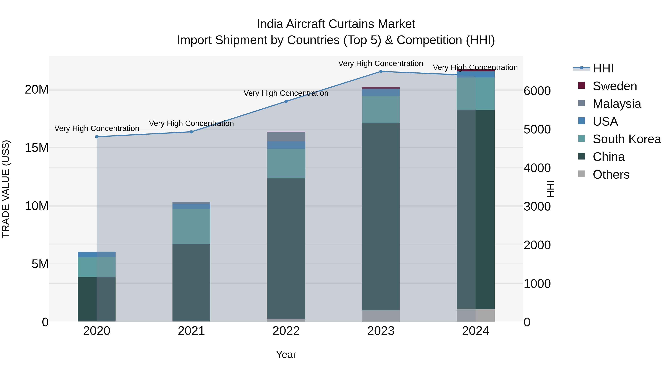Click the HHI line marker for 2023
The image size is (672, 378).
381,71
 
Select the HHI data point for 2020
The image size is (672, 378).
97,137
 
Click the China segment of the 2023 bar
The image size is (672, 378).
381,217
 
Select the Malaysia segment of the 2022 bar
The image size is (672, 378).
286,137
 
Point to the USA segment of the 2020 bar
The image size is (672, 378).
97,254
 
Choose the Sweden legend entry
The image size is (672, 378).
614,86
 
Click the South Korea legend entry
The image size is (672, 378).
626,139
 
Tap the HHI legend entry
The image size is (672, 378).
603,68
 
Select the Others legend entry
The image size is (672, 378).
610,175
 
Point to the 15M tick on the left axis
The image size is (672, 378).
37,148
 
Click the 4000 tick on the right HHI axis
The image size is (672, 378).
537,168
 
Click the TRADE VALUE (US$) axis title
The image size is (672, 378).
6,189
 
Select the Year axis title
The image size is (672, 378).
286,354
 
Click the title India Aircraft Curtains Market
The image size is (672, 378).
336,24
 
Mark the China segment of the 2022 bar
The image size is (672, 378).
286,248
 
